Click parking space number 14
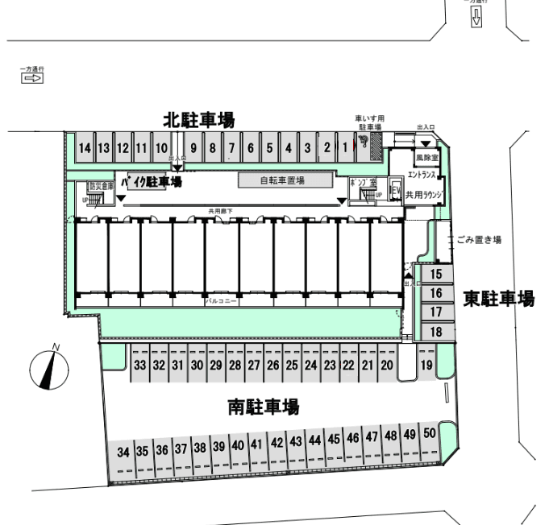[x=85, y=148]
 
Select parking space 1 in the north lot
[x=344, y=147]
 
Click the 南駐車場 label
[x=263, y=408]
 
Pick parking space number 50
[x=430, y=434]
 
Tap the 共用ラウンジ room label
[x=425, y=195]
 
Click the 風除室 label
[x=426, y=159]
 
